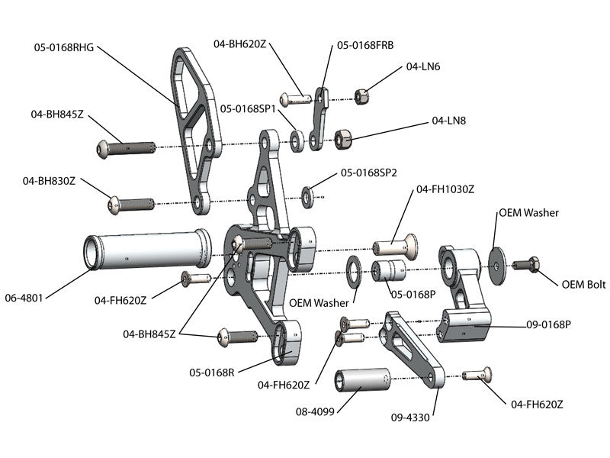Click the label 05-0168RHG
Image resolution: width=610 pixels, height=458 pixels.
pyautogui.click(x=64, y=47)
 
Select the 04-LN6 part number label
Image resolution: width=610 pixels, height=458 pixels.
pyautogui.click(x=424, y=66)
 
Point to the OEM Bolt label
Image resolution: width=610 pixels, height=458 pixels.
pyautogui.click(x=583, y=285)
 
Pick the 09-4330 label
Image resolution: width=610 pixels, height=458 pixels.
pyautogui.click(x=411, y=418)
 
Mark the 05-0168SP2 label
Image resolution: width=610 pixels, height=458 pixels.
pyautogui.click(x=369, y=173)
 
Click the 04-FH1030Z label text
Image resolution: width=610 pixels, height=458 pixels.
pyautogui.click(x=445, y=189)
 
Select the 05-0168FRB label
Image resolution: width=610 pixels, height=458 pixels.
pyautogui.click(x=365, y=46)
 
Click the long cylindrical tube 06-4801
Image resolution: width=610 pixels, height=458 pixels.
pyautogui.click(x=145, y=250)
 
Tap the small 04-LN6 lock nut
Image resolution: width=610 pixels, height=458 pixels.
pyautogui.click(x=362, y=96)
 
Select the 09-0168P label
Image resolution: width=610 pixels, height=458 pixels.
pyautogui.click(x=548, y=324)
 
